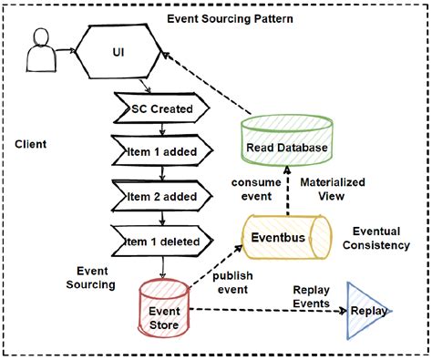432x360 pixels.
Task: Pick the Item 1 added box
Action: [x=161, y=150]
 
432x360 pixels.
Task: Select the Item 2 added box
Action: [x=161, y=195]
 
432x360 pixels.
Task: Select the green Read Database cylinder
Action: [x=285, y=145]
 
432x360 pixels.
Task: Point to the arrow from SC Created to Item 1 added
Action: [x=161, y=129]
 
